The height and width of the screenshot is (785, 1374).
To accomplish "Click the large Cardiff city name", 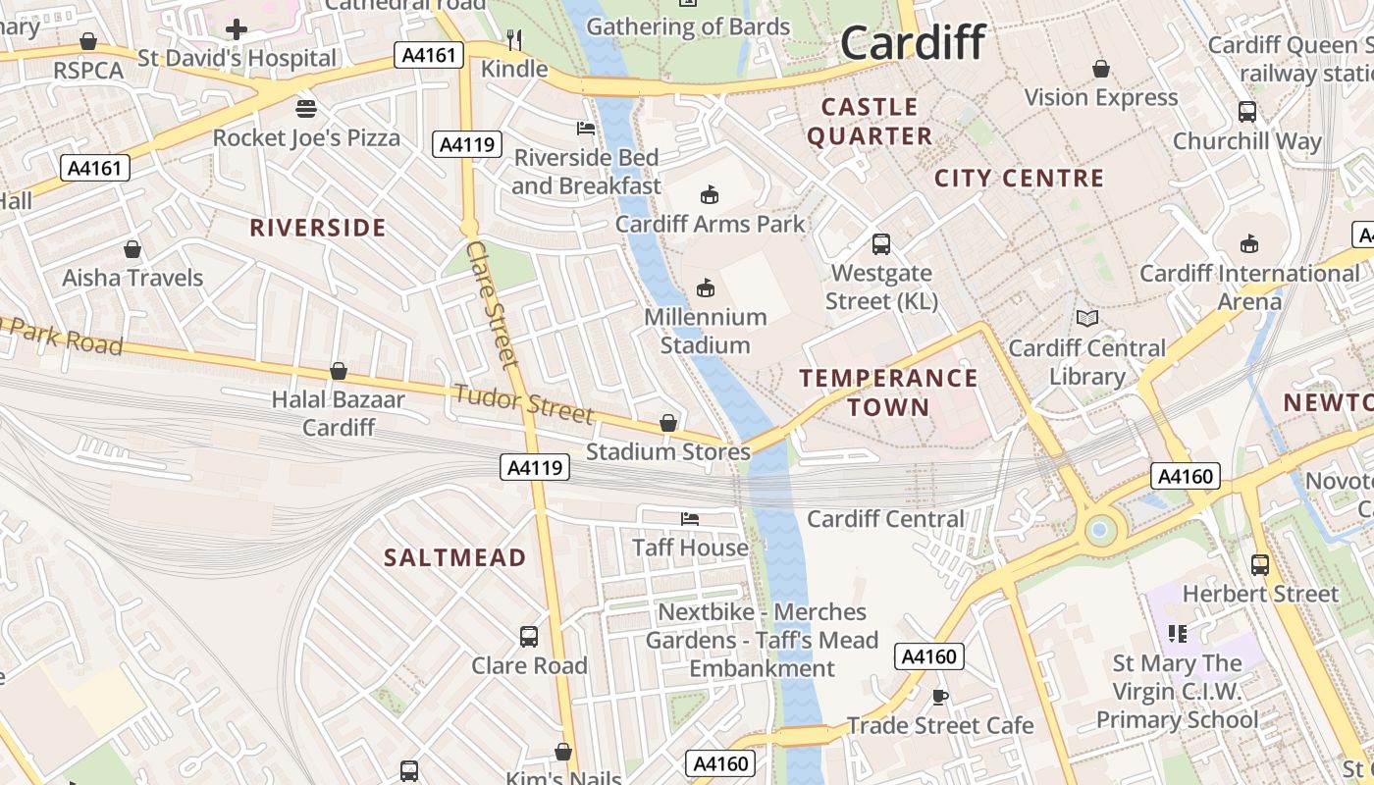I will click(x=913, y=44).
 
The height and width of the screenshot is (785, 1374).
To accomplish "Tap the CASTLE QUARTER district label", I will click(x=870, y=122).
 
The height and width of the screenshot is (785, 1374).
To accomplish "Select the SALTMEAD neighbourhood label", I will click(x=455, y=558).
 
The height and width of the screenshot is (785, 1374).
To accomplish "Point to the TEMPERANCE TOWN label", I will click(x=888, y=392).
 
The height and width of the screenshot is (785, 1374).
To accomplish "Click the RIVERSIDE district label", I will click(x=318, y=229).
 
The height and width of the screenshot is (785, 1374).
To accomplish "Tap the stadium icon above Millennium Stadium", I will click(x=705, y=288).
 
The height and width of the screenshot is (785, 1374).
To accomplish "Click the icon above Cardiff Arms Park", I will click(x=709, y=195).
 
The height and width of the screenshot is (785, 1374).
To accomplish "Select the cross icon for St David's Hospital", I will click(x=236, y=29).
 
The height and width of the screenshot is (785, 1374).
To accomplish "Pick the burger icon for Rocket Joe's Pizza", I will click(x=306, y=108).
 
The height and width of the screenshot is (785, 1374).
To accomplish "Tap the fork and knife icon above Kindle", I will click(x=514, y=39).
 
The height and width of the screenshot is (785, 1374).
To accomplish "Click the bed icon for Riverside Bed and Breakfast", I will click(x=586, y=129).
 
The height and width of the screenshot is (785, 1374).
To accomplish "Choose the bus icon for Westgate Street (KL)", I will click(x=881, y=243).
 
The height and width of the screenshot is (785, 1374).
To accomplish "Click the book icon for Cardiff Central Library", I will click(x=1086, y=318).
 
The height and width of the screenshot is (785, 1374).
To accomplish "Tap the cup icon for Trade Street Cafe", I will click(x=939, y=697).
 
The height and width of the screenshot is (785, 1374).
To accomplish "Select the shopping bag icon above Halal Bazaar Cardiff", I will click(x=339, y=371).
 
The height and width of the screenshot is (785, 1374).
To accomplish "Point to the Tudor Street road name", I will click(x=523, y=403).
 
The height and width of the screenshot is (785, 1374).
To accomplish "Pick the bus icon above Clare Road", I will click(x=529, y=636).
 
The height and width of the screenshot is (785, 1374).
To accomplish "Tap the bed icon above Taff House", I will click(x=690, y=518).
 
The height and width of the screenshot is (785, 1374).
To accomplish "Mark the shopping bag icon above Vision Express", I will click(x=1101, y=69).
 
